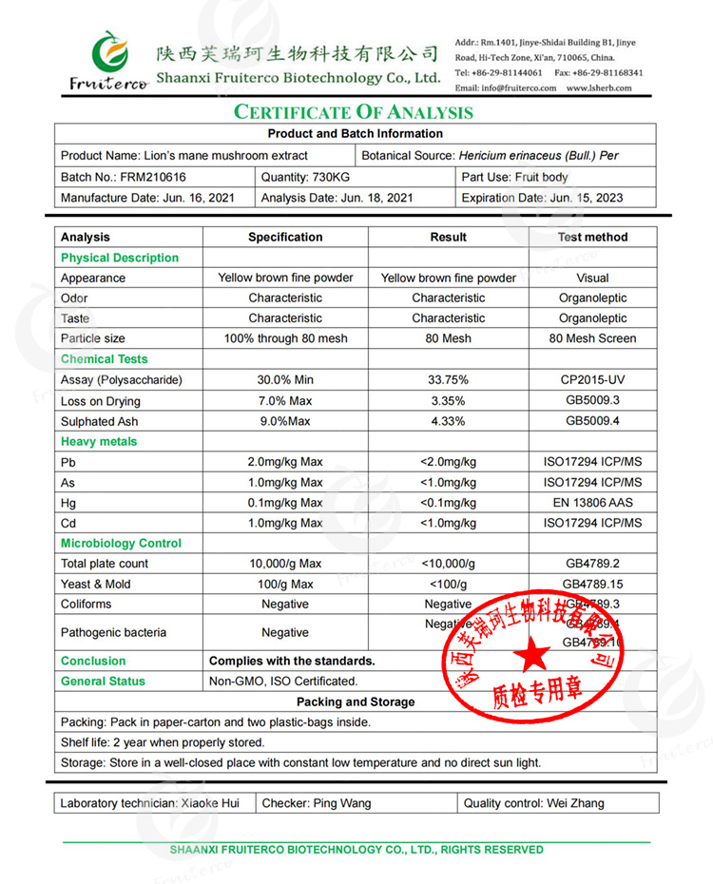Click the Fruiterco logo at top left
click(x=107, y=62)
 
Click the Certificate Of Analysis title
click(x=354, y=112)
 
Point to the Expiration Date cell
click(x=542, y=198)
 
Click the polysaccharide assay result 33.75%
click(x=448, y=380)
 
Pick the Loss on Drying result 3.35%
click(x=448, y=400)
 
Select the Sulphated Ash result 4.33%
click(x=448, y=421)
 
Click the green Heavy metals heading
click(x=99, y=441)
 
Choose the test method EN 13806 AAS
click(x=592, y=503)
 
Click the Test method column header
click(x=592, y=237)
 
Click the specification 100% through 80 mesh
click(x=285, y=338)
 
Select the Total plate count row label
click(x=105, y=564)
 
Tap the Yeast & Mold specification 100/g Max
click(x=285, y=584)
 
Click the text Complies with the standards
click(x=292, y=661)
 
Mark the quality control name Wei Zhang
click(x=575, y=803)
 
